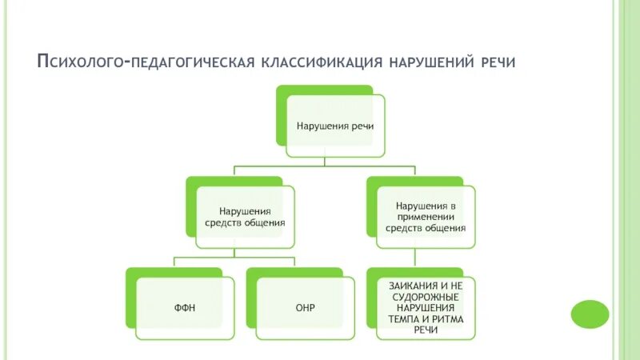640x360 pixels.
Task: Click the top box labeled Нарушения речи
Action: point(335,126)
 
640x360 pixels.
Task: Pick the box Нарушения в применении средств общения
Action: point(425,216)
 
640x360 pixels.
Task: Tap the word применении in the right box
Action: point(425,216)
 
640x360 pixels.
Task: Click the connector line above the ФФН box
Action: point(175,263)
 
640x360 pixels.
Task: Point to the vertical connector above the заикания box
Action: point(416,258)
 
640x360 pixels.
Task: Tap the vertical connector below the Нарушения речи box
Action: point(325,162)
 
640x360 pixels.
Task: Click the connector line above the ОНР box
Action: point(296,263)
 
